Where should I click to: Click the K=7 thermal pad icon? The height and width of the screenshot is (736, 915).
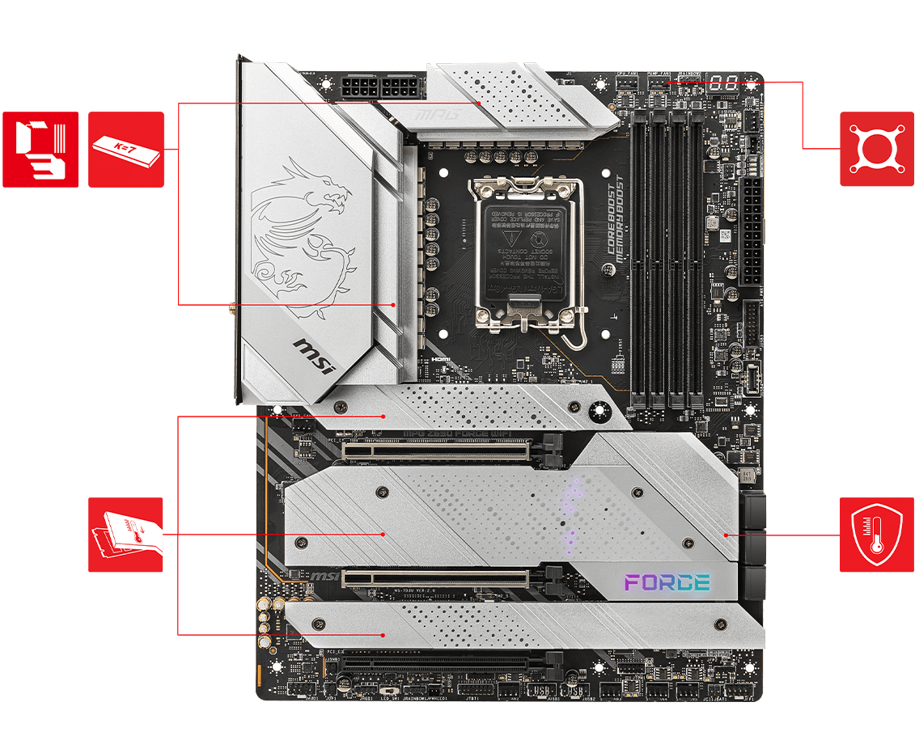tap(126, 150)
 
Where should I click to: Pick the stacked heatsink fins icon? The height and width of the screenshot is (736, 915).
tap(40, 150)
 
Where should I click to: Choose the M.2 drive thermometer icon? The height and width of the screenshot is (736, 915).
tap(126, 535)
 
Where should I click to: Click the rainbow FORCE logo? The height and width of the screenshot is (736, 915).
tap(667, 582)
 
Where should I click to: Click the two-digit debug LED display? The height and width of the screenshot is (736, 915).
tap(725, 82)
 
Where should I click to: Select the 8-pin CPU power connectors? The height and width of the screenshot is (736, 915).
tap(379, 87)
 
